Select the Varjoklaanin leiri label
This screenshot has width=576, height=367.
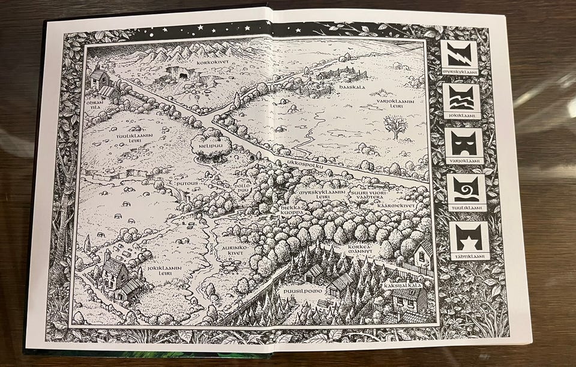pos(395,105)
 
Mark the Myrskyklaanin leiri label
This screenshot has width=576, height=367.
pos(322,195)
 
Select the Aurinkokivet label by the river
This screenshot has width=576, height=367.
pos(236,251)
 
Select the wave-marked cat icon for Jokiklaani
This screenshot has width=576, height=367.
pos(462,97)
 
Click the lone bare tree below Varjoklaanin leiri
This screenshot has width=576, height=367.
pos(394,126)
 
